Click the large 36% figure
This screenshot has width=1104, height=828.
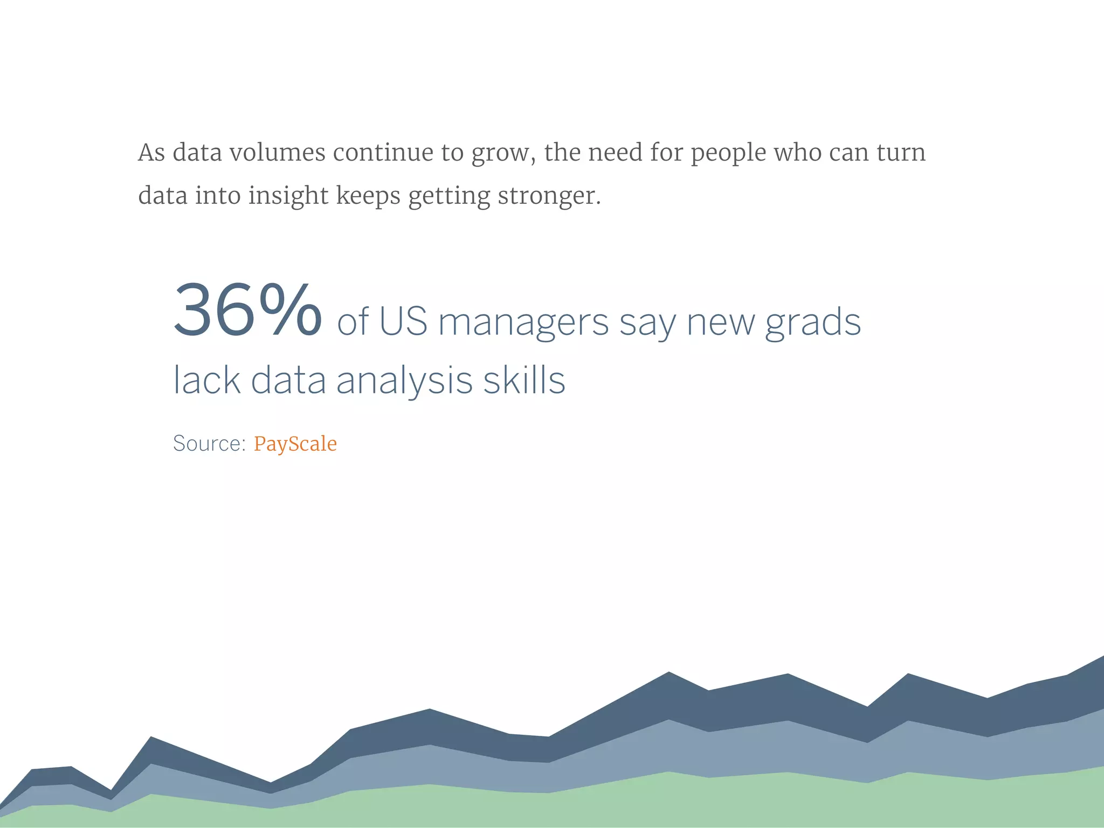point(247,311)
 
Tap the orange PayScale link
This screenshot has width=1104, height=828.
point(295,444)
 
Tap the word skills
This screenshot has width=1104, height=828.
point(524,379)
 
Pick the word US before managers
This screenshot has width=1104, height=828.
point(403,322)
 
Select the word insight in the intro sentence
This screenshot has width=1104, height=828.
point(288,195)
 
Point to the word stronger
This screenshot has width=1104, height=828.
point(549,195)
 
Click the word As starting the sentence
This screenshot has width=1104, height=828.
point(151,153)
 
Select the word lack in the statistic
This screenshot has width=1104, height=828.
point(206,379)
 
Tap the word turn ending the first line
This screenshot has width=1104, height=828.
point(901,153)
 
